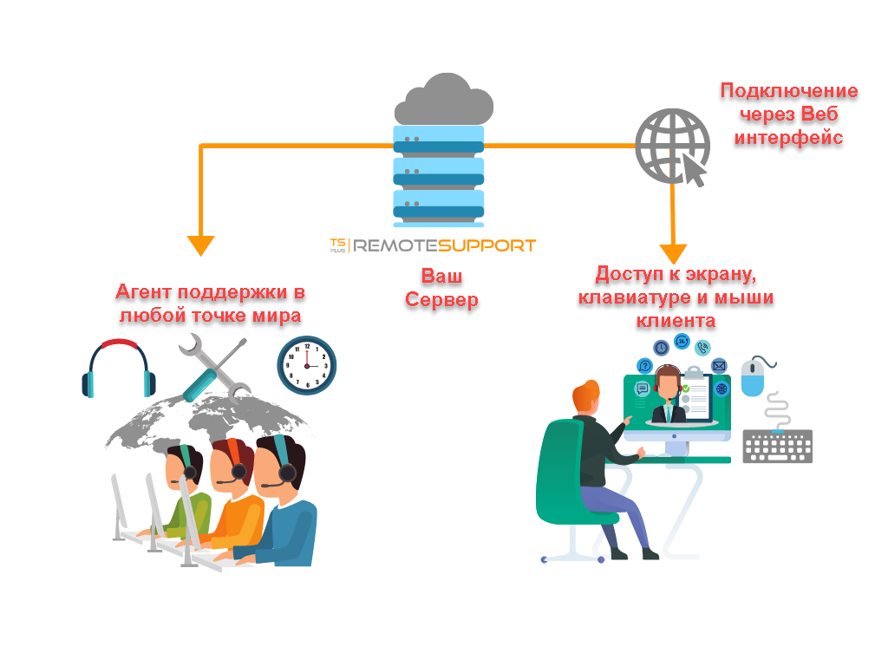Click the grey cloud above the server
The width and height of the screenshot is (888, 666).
tap(443, 98)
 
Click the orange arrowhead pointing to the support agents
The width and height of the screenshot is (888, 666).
tap(201, 245)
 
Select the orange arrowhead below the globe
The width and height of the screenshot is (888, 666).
tap(674, 253)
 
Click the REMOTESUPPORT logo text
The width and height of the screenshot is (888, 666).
tap(434, 245)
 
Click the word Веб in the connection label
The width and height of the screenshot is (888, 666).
tap(821, 114)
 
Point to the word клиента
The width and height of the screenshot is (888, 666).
tap(676, 322)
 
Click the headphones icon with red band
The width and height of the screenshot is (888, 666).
tap(119, 368)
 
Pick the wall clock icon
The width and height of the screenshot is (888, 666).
tap(307, 365)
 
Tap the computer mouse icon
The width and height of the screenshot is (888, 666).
tap(757, 374)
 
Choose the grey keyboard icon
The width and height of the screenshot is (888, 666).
tap(777, 446)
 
